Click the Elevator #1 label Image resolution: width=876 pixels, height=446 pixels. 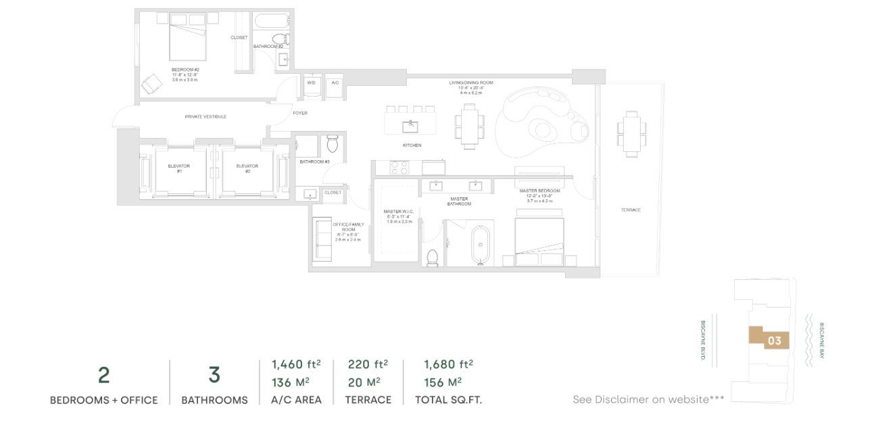(179, 168)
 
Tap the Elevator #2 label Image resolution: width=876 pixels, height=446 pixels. (247, 168)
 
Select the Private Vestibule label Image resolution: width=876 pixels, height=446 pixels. (205, 117)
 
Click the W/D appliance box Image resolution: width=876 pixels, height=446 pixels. (312, 82)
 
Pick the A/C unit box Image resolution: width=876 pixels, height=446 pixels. (335, 82)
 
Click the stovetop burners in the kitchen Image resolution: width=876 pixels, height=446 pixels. (399, 166)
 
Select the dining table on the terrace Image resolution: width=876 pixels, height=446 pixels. (630, 134)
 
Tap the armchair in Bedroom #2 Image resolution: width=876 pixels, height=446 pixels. (152, 83)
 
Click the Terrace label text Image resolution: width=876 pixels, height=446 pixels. (631, 210)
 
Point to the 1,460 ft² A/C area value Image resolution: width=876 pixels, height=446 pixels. (296, 365)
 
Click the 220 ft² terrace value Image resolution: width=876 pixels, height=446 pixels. (368, 365)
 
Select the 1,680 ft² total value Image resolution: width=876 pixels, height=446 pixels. (448, 365)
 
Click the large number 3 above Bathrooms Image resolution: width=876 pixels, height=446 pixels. (214, 375)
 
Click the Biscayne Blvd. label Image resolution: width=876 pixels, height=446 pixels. (704, 339)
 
